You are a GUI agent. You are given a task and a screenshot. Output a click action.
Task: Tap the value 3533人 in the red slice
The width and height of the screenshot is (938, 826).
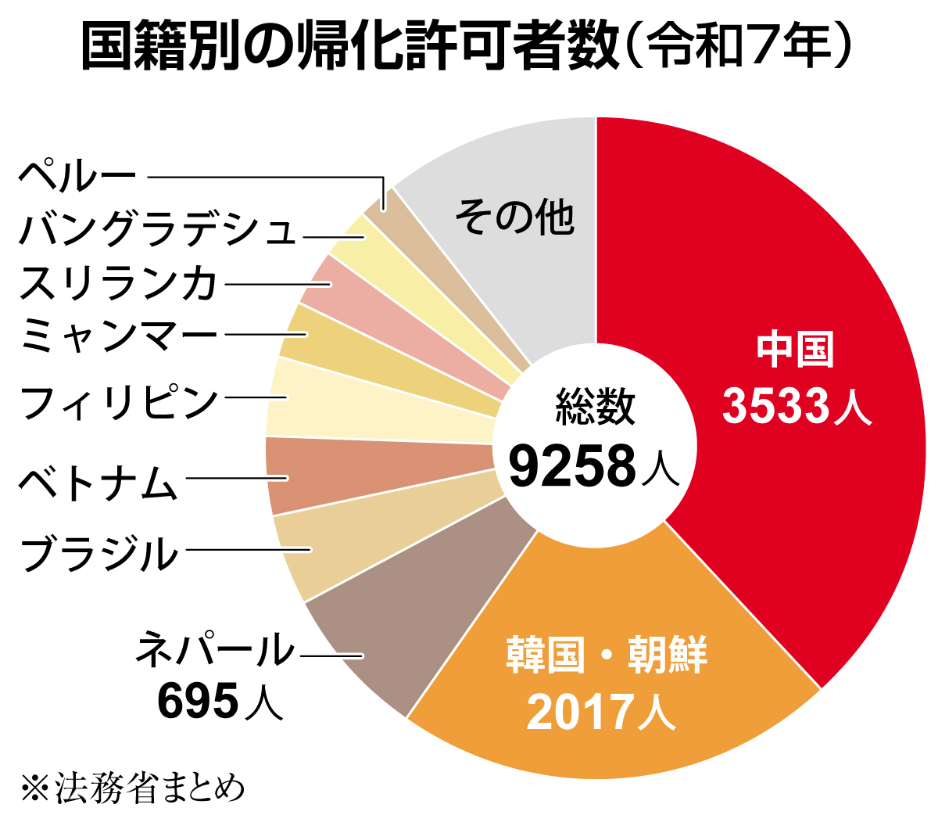click(x=796, y=407)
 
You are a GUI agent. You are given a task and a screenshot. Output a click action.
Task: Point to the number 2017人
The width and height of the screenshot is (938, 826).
click(x=600, y=712)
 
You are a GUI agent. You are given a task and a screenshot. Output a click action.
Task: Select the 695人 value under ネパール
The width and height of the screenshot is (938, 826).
click(x=219, y=701)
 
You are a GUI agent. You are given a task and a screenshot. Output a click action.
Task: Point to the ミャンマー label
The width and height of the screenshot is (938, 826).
click(x=117, y=335)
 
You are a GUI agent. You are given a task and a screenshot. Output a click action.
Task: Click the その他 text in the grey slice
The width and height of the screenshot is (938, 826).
click(x=516, y=217)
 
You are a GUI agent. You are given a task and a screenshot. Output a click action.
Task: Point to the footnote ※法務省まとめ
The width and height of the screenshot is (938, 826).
click(x=133, y=788)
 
